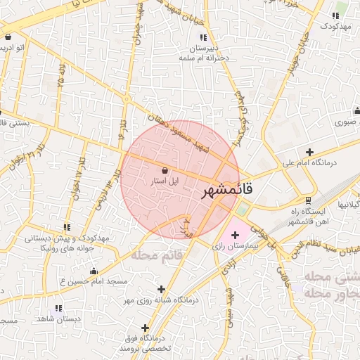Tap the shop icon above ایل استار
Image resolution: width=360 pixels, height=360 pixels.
tap(165, 170)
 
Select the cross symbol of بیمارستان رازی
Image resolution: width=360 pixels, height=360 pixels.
tap(235, 233)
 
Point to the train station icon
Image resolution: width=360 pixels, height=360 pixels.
tap(308, 200)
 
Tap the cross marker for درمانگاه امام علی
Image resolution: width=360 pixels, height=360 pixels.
tap(309, 151)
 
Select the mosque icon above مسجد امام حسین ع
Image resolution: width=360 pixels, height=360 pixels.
tap(94, 271)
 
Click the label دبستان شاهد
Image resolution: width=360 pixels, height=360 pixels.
tap(39, 318)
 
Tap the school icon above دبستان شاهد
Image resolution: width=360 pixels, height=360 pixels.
tap(58, 308)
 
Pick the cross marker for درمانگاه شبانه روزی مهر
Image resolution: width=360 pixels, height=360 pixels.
tap(161, 288)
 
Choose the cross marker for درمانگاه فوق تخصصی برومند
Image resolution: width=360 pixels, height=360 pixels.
tap(145, 328)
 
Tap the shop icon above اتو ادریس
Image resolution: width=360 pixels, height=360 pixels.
tap(7, 37)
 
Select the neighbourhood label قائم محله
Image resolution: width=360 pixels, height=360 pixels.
tap(156, 254)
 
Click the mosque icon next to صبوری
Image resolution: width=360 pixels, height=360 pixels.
tap(356, 110)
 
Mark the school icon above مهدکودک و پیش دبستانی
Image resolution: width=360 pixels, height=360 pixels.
tap(67, 227)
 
